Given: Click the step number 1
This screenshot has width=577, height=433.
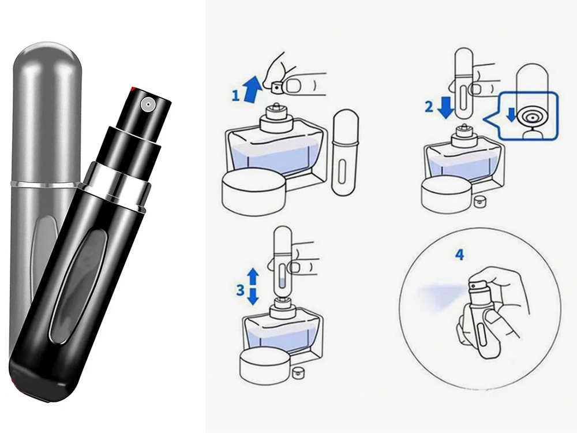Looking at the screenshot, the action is point(235,96).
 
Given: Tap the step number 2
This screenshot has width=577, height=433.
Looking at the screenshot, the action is point(429,107).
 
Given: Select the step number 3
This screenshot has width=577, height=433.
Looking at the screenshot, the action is point(240,290).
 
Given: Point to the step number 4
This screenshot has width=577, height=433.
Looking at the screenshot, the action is point(460,255).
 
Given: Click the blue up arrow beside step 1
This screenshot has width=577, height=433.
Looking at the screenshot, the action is point(253,87).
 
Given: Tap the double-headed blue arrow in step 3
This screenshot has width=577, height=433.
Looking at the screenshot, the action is point(253,286).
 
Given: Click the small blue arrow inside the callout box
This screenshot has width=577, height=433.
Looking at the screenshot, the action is point(511,114).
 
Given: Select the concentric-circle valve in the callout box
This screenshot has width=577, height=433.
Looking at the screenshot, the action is point(533,118).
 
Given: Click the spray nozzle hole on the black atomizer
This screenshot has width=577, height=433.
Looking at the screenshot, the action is point(148,104).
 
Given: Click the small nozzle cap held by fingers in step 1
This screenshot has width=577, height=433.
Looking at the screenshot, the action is point(276,87).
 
